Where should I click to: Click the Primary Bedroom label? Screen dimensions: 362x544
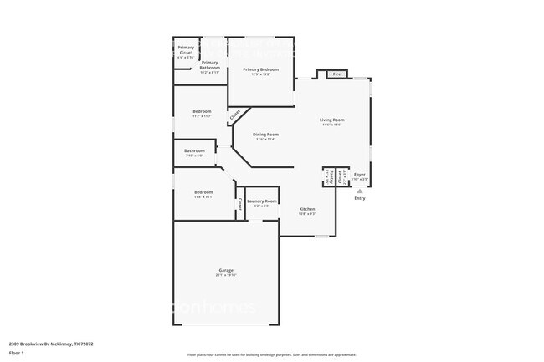click(x=261, y=69)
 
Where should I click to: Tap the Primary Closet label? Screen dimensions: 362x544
click(x=186, y=49)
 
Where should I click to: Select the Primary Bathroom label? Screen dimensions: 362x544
click(x=209, y=64)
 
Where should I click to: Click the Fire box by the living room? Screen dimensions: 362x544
click(x=337, y=74)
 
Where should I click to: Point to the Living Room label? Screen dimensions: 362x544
click(x=332, y=120)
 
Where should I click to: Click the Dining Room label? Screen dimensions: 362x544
click(x=265, y=135)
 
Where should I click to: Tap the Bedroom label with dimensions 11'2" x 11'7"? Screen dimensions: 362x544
click(x=202, y=112)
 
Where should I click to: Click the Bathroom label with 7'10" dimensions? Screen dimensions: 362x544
click(x=194, y=151)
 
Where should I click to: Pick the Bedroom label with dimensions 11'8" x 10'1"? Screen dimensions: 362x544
click(x=203, y=193)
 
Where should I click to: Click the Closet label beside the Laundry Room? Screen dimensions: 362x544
click(x=240, y=203)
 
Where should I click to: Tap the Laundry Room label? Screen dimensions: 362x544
click(x=262, y=201)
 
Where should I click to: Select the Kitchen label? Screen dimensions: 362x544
click(x=307, y=209)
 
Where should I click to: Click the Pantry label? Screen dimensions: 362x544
click(x=329, y=176)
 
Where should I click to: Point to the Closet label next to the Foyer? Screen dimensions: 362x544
click(x=341, y=176)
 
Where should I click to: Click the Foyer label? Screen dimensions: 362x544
click(x=359, y=175)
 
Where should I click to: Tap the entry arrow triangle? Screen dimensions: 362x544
click(x=360, y=191)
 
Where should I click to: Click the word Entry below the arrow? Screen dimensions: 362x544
click(x=360, y=198)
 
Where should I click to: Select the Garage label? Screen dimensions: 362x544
click(x=226, y=271)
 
